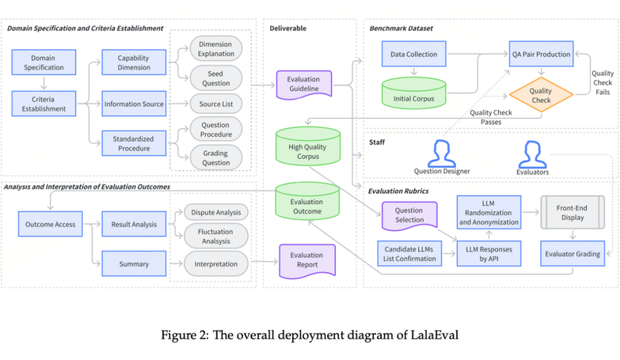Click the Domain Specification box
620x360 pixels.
click(44, 63)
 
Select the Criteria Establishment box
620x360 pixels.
click(44, 104)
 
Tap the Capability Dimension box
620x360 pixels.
click(133, 63)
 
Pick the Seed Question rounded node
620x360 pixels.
click(216, 79)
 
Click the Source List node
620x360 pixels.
click(216, 104)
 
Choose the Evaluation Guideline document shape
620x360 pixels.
click(304, 84)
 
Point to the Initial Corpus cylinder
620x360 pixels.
click(413, 94)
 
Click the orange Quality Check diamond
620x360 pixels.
click(540, 95)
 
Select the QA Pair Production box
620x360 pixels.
click(541, 55)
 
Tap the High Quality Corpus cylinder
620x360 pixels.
click(308, 148)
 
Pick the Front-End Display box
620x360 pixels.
click(572, 213)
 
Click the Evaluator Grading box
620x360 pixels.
click(572, 254)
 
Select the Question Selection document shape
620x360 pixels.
click(409, 215)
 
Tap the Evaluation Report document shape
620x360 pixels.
click(307, 260)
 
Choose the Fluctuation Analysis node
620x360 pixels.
click(216, 237)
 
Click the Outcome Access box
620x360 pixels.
click(50, 224)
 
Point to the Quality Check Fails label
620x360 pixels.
click(602, 83)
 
